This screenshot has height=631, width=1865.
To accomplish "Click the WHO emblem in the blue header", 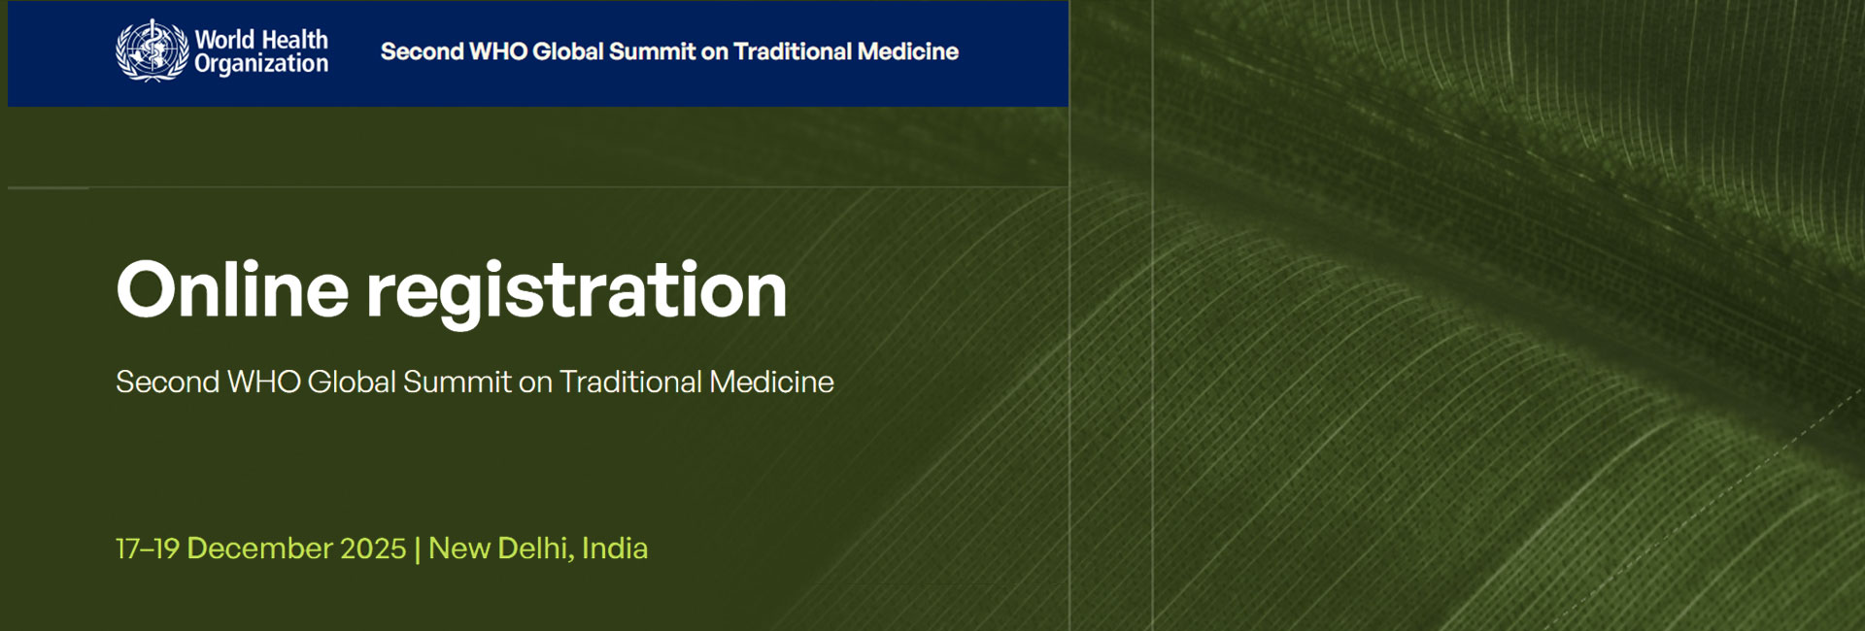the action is point(152,50).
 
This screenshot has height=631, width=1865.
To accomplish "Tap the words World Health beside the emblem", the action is point(261,40).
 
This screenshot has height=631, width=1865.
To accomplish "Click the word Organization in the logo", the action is point(261,64).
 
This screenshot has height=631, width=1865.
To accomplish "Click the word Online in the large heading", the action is point(232,289).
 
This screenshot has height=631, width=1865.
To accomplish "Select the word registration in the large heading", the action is point(576,293).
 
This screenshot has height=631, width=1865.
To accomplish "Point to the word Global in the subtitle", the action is point(352,382).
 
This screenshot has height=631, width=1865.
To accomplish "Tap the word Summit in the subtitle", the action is point(457,382).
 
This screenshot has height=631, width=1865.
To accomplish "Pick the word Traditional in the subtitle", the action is point(630,382).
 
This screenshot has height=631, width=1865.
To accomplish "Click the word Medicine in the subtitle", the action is point(771,382).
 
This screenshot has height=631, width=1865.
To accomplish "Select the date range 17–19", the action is point(148,548).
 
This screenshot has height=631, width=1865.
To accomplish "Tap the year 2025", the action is point(374,548).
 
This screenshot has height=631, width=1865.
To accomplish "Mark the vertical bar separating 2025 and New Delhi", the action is point(418,549).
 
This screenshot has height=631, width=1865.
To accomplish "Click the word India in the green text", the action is point(615,548).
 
